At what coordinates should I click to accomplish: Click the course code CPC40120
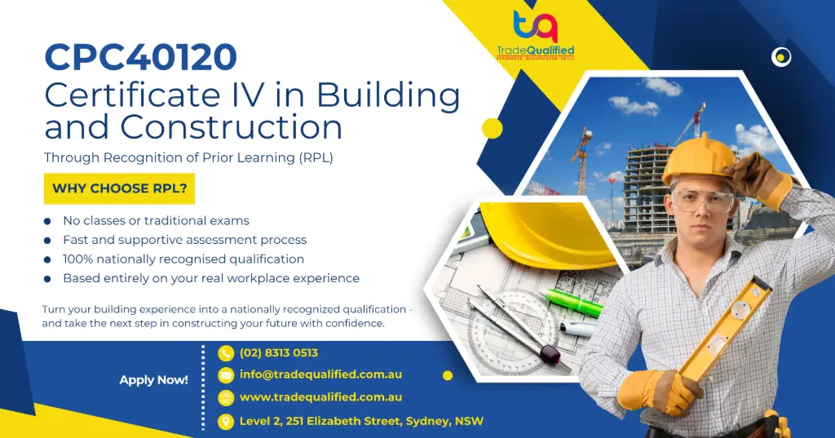click(140, 57)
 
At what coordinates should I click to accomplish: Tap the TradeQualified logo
click(535, 36)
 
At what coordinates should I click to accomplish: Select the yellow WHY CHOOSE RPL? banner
click(119, 188)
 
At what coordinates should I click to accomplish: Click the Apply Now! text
click(153, 380)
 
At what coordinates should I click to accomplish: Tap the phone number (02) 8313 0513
click(278, 353)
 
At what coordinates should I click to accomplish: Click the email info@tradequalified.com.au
click(320, 375)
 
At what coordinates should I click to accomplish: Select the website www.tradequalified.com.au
click(320, 397)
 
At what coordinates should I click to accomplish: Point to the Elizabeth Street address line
click(360, 421)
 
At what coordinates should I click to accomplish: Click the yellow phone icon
click(226, 353)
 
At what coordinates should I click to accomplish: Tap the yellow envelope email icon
click(226, 375)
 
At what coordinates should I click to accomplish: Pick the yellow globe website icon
click(226, 398)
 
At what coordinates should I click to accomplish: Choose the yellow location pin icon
click(226, 421)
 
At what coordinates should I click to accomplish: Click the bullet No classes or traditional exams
click(156, 220)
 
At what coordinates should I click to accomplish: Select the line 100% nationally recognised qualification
click(183, 259)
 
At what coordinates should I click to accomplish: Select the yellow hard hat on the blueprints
click(547, 237)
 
